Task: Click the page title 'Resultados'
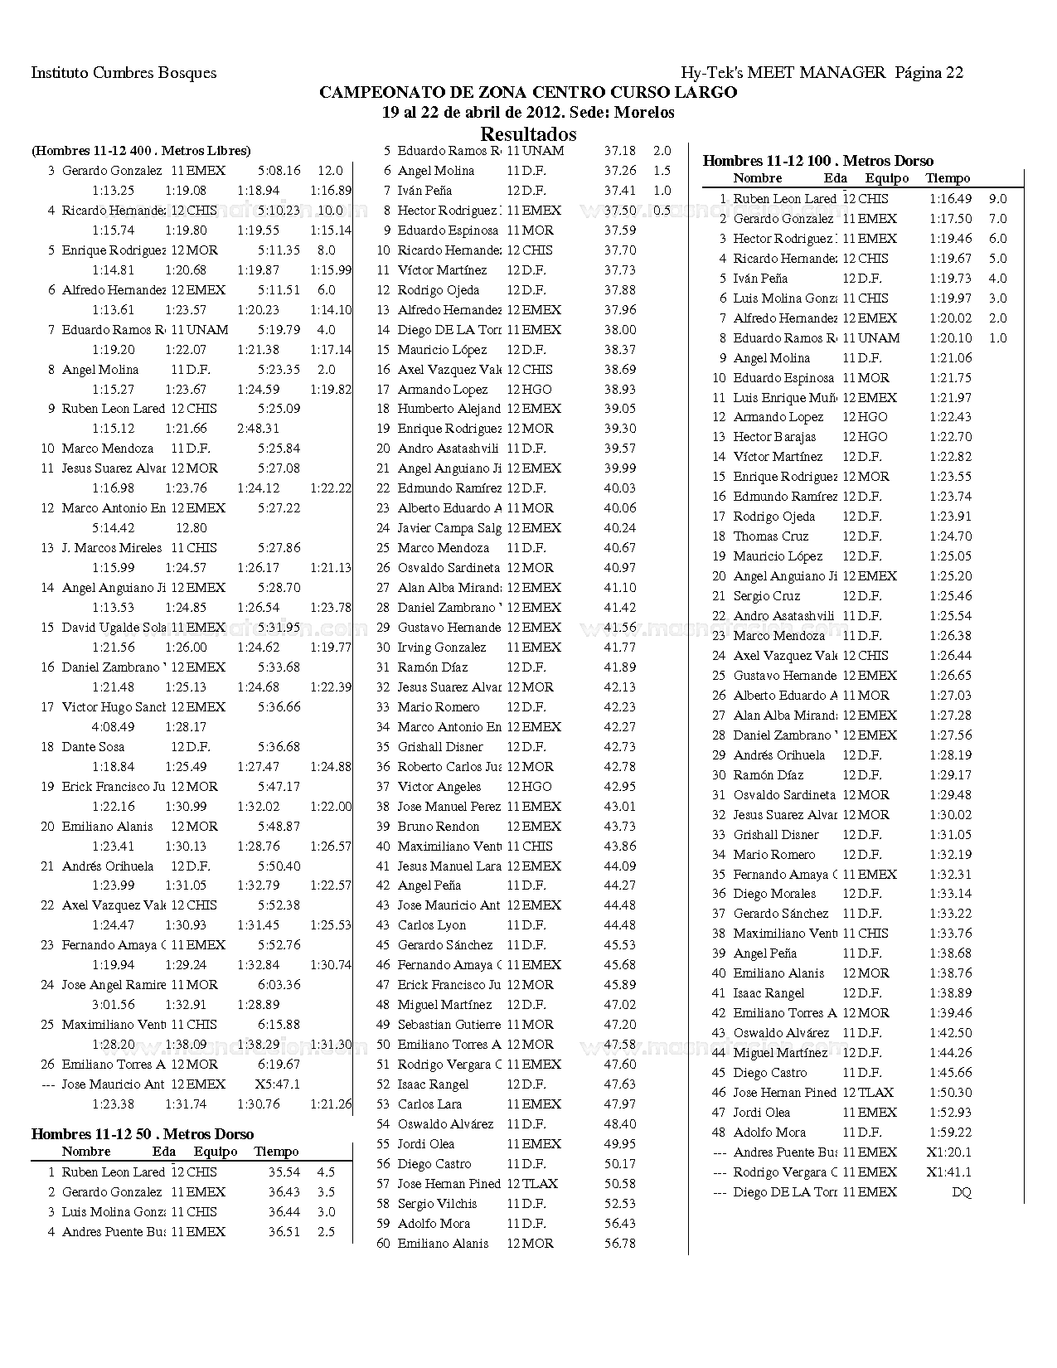pyautogui.click(x=528, y=133)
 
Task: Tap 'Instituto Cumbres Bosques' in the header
pyautogui.click(x=124, y=73)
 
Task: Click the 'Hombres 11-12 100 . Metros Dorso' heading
pyautogui.click(x=817, y=161)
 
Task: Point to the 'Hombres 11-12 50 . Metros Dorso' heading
pyautogui.click(x=143, y=1134)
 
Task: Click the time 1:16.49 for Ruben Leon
pyautogui.click(x=950, y=199)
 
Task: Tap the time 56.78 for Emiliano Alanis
pyautogui.click(x=620, y=1244)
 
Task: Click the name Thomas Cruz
pyautogui.click(x=771, y=536)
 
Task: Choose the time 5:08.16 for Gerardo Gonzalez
pyautogui.click(x=279, y=171)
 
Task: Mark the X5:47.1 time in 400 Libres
pyautogui.click(x=277, y=1084)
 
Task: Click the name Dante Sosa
pyautogui.click(x=93, y=747)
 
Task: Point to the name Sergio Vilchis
pyautogui.click(x=437, y=1204)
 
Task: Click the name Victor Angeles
pyautogui.click(x=439, y=787)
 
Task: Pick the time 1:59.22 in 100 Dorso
pyautogui.click(x=950, y=1133)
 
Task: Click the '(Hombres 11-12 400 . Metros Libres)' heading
pyautogui.click(x=141, y=151)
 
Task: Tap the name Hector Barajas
pyautogui.click(x=774, y=437)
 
